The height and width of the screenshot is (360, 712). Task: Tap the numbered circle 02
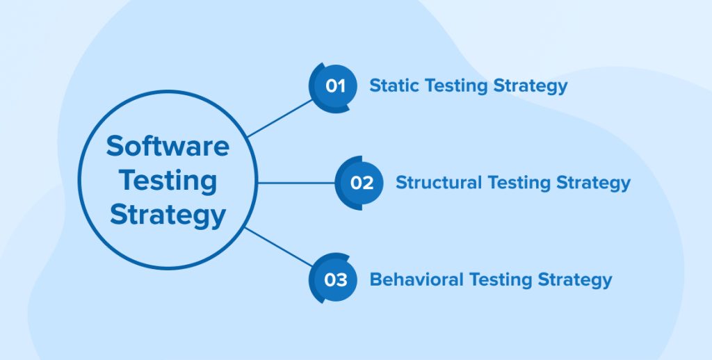(359, 183)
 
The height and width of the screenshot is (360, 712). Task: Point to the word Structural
(439, 183)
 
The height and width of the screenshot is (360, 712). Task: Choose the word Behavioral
(416, 279)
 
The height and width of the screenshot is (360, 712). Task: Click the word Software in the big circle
(168, 146)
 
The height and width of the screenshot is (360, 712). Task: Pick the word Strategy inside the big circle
(168, 215)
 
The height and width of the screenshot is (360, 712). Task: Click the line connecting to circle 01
(280, 118)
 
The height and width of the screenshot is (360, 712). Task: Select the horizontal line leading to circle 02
(296, 183)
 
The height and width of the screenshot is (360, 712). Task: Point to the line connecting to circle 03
(279, 247)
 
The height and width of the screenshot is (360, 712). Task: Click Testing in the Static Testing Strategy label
(457, 86)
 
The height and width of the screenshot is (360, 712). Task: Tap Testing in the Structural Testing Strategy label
(519, 183)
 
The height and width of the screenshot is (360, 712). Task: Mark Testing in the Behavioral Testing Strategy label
(501, 280)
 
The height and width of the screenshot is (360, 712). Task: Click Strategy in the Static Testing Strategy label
(531, 86)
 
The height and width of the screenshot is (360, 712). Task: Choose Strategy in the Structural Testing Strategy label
(594, 183)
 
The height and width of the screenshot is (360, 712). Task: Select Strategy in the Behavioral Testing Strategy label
(575, 280)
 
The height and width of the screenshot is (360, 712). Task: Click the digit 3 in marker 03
(341, 279)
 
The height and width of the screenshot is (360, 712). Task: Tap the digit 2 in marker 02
(368, 183)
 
